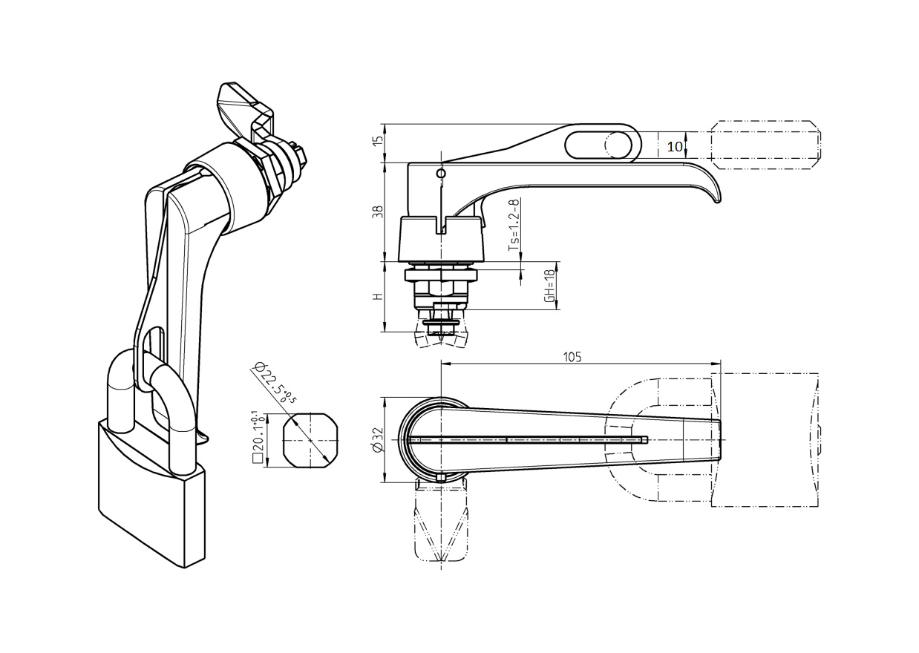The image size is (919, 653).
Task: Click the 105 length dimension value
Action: point(572,357)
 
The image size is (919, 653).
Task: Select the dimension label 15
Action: point(378,141)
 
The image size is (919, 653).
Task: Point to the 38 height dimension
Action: point(378,211)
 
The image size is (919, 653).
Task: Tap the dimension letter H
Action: point(378,296)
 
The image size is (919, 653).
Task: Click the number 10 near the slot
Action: point(674,147)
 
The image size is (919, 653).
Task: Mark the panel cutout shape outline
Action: point(310,439)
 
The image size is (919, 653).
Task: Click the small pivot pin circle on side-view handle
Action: point(441,174)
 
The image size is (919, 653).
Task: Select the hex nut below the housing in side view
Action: point(441,276)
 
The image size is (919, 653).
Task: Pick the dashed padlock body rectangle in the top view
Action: point(765,439)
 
